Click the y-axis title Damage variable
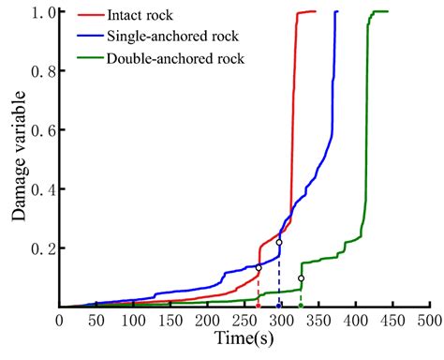click(x=19, y=159)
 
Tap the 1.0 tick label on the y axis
click(x=40, y=12)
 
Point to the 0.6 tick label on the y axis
click(x=40, y=130)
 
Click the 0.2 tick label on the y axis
click(x=40, y=247)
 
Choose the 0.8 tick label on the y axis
click(x=40, y=71)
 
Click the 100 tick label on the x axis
click(x=133, y=322)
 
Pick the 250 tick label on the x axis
click(x=244, y=322)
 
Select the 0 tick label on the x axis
click(x=59, y=322)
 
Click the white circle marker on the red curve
click(x=259, y=268)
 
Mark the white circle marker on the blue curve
click(x=278, y=243)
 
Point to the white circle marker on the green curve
click(x=301, y=278)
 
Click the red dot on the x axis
click(x=259, y=306)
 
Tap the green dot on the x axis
click(x=301, y=306)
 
